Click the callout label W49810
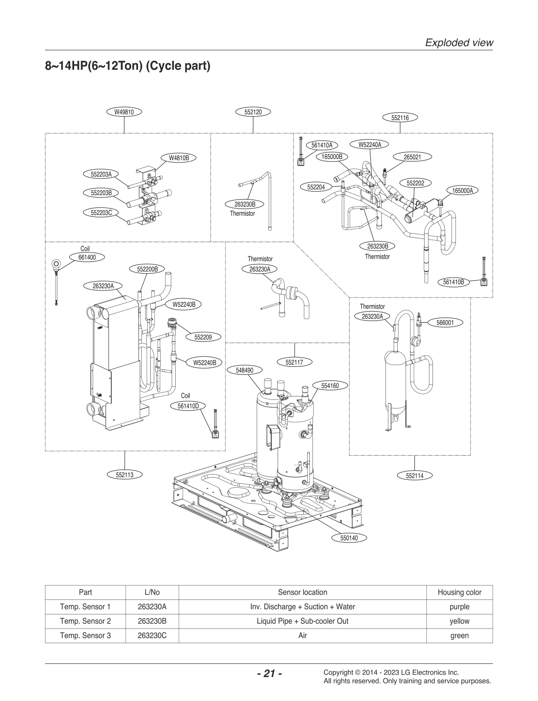124,112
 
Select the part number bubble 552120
253,112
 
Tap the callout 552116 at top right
400,118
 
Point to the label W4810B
179,158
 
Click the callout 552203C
101,213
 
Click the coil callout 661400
87,257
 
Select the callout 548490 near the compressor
244,370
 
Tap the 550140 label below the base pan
349,538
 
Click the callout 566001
445,323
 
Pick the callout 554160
330,385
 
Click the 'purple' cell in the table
459,607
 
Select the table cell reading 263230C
152,636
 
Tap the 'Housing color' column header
459,592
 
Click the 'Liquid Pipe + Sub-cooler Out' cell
302,621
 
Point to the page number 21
269,674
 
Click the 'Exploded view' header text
459,42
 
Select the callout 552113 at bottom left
124,475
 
